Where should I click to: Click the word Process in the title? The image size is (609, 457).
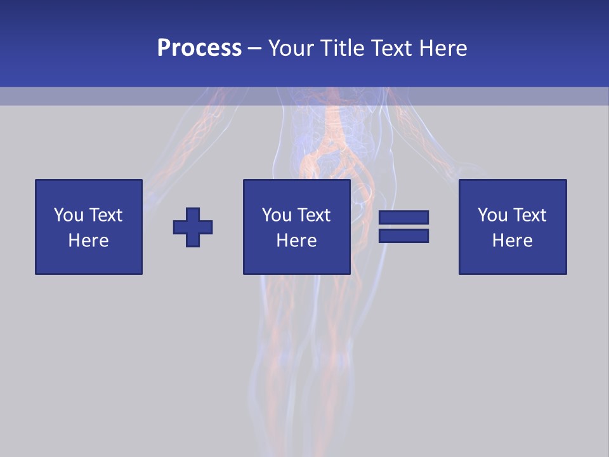coord(199,48)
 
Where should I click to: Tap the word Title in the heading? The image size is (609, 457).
coord(344,48)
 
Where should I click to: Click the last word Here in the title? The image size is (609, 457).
coord(444,48)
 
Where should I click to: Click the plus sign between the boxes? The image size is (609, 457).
coord(193,227)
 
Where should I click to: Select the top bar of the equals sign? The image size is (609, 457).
coord(403,218)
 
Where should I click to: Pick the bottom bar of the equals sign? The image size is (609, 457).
coord(403,235)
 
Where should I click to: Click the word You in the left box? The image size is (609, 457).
coord(69,215)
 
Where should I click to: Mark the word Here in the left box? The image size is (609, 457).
coord(89,241)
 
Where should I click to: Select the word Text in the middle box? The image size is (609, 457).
coord(313,215)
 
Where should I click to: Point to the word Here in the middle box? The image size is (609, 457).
coord(297,241)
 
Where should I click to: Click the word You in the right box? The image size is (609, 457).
coord(492,215)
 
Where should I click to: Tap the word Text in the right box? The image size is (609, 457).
coord(529,215)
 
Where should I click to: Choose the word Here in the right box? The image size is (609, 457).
coord(513,241)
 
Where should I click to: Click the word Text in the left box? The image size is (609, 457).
coord(105,215)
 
